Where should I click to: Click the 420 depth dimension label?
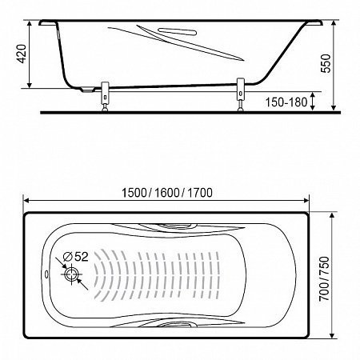click(x=21, y=54)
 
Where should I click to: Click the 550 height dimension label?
click(x=326, y=63)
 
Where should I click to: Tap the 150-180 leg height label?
click(x=286, y=102)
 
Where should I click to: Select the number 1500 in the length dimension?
click(x=134, y=193)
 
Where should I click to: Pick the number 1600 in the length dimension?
click(x=166, y=193)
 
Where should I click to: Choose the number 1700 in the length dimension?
click(x=200, y=193)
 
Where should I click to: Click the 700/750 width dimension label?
click(x=325, y=278)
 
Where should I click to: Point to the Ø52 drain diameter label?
click(x=75, y=257)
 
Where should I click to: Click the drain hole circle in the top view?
click(x=71, y=274)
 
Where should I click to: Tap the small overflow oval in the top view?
click(x=46, y=274)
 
